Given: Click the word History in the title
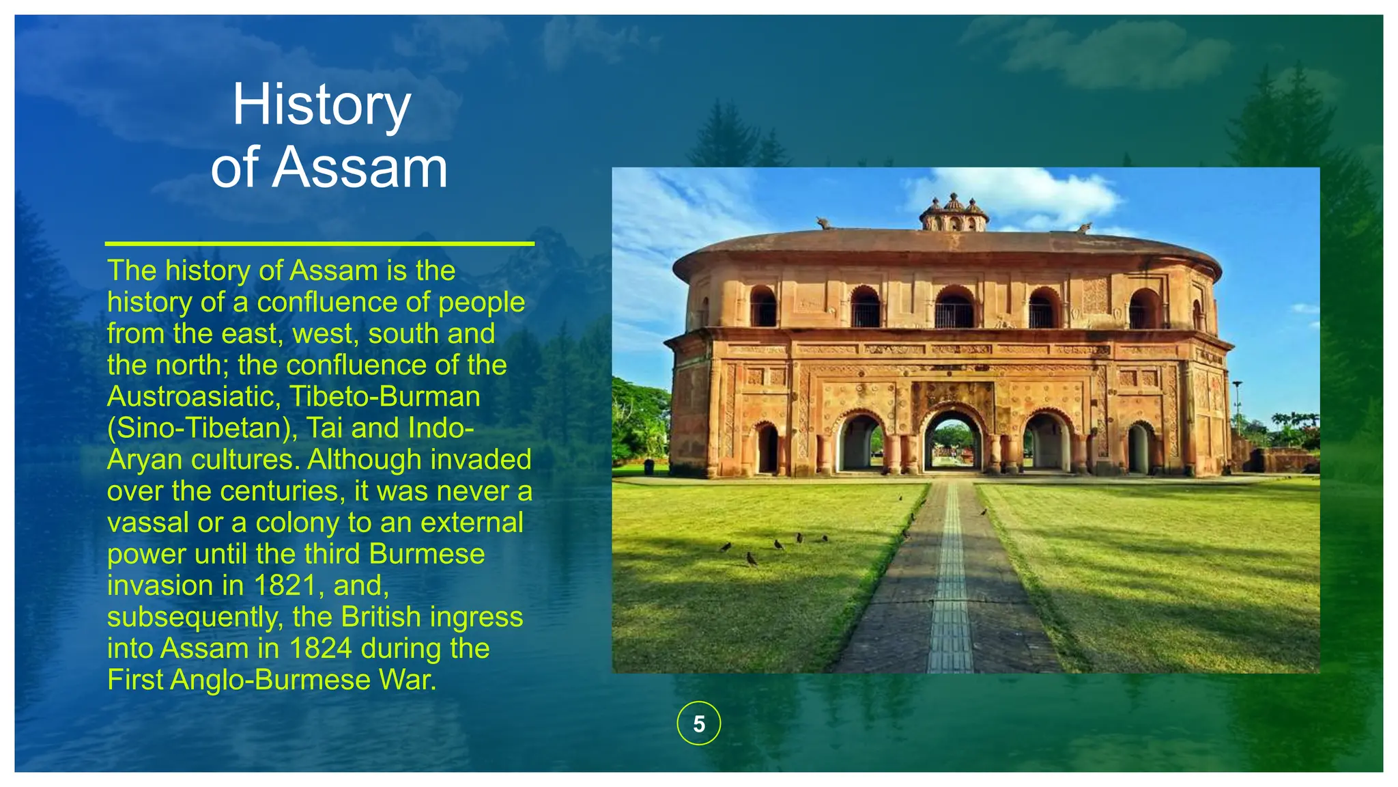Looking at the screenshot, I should click(322, 106).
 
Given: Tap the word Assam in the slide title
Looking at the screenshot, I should click(360, 168).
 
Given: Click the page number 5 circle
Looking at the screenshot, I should click(698, 723).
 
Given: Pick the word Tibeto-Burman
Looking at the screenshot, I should click(384, 397).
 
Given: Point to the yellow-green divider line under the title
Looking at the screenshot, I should click(319, 243).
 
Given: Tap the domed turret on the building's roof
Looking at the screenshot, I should click(954, 213).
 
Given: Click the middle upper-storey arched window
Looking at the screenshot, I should click(954, 309).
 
